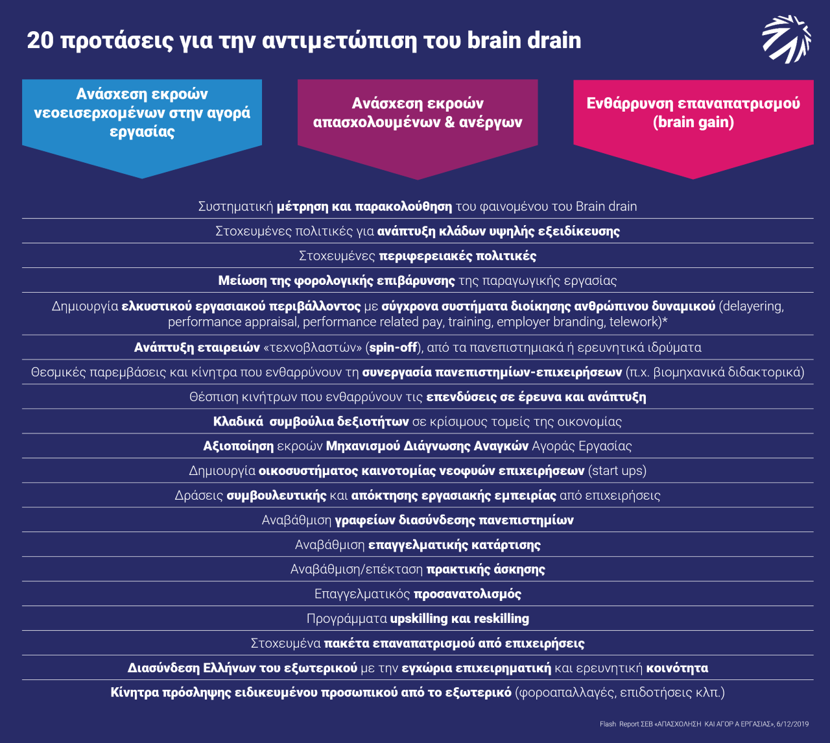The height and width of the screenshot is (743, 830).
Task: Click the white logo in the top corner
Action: pyautogui.click(x=786, y=40)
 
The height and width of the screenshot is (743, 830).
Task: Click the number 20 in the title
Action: pyautogui.click(x=40, y=40)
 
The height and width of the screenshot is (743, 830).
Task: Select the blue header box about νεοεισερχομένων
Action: pyautogui.click(x=142, y=113)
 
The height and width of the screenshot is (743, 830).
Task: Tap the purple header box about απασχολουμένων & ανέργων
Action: pyautogui.click(x=418, y=113)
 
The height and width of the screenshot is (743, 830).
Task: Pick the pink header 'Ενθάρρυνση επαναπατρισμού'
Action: pyautogui.click(x=693, y=103)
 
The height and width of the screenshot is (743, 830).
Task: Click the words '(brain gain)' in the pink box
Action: pyautogui.click(x=693, y=122)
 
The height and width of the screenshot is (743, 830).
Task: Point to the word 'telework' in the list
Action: pyautogui.click(x=632, y=322)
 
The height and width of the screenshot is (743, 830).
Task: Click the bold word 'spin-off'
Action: pyautogui.click(x=393, y=347)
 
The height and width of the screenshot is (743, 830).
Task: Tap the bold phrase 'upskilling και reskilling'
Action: pyautogui.click(x=459, y=618)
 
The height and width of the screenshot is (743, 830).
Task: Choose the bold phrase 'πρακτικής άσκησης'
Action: pyautogui.click(x=486, y=569)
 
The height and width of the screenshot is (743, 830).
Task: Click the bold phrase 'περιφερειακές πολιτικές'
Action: pyautogui.click(x=458, y=256)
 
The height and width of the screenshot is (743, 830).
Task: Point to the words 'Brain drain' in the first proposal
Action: pyautogui.click(x=606, y=206)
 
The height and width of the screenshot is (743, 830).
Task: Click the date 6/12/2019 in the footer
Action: pyautogui.click(x=794, y=724)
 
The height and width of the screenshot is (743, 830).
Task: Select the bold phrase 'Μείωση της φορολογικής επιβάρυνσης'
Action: pyautogui.click(x=337, y=280)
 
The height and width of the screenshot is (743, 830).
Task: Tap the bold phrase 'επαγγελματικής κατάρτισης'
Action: pyautogui.click(x=454, y=544)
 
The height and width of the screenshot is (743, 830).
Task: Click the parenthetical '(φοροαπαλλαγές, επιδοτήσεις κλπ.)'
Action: pyautogui.click(x=620, y=692)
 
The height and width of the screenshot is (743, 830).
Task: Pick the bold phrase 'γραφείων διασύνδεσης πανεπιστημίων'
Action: pyautogui.click(x=454, y=520)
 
